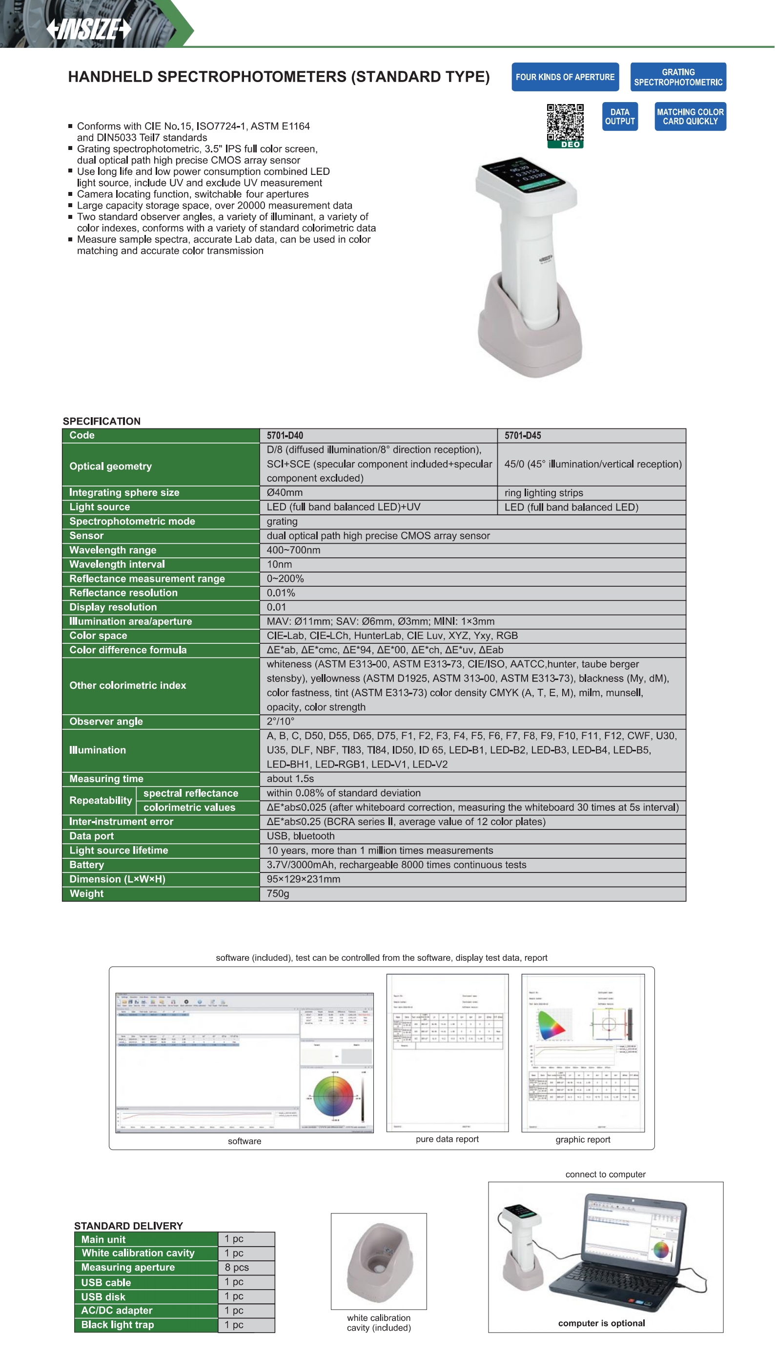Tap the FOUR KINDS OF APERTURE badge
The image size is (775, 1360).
click(565, 77)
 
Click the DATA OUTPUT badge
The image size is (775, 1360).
click(620, 117)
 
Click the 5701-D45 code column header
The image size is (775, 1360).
click(522, 435)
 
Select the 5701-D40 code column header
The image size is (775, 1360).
click(285, 435)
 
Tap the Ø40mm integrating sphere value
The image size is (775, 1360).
click(285, 492)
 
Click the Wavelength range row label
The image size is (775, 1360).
click(113, 550)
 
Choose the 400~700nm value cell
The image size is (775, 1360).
click(293, 550)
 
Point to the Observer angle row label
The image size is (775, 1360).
click(106, 722)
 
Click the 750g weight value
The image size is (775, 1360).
click(278, 893)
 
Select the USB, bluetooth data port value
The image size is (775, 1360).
click(301, 836)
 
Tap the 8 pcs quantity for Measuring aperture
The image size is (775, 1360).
click(237, 1267)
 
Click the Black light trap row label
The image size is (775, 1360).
click(118, 1325)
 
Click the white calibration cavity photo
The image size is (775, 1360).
click(378, 1261)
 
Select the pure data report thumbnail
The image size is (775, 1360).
click(447, 1053)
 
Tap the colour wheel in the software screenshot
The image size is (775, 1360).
click(334, 1096)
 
